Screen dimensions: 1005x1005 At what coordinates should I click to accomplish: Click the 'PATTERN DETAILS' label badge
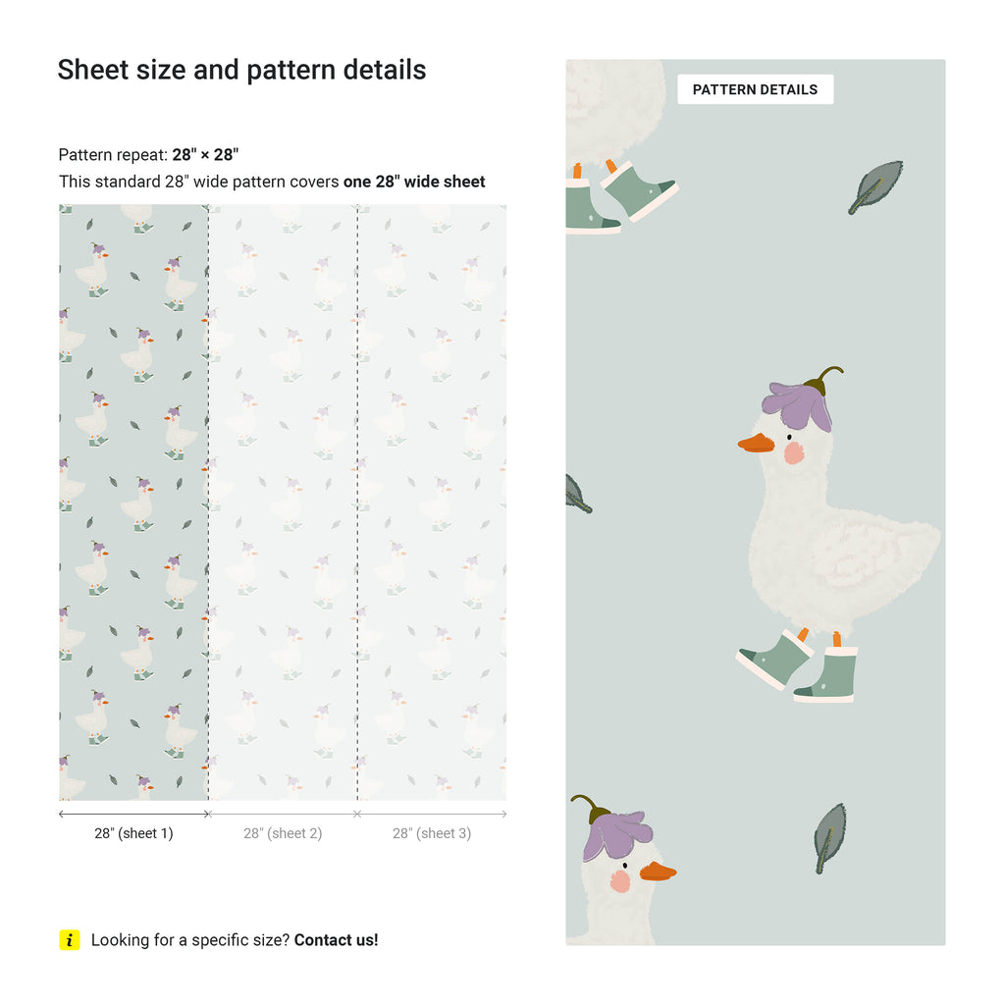pyautogui.click(x=755, y=89)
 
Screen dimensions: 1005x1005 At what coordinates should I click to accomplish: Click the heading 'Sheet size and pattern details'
pyautogui.click(x=241, y=70)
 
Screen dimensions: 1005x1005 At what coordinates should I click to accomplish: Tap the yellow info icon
pyautogui.click(x=70, y=939)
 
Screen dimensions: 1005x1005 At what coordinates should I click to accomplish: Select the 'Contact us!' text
pyautogui.click(x=336, y=939)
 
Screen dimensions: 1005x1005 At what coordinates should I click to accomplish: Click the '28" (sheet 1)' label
pyautogui.click(x=133, y=833)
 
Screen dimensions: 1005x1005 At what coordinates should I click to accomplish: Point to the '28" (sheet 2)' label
pyautogui.click(x=283, y=833)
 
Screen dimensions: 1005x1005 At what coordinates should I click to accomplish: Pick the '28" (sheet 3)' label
pyautogui.click(x=432, y=833)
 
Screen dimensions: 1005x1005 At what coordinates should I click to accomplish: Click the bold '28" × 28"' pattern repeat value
pyautogui.click(x=205, y=154)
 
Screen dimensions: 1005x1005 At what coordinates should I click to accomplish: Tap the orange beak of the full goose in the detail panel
pyautogui.click(x=757, y=444)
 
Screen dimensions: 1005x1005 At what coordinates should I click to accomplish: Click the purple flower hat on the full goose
pyautogui.click(x=798, y=403)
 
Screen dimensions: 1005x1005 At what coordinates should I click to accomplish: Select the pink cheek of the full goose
pyautogui.click(x=793, y=452)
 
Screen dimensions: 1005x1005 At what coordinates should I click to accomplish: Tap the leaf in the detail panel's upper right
pyautogui.click(x=875, y=186)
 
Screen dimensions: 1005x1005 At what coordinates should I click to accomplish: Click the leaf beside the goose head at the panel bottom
pyautogui.click(x=829, y=836)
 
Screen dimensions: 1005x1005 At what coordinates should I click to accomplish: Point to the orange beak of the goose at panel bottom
pyautogui.click(x=656, y=871)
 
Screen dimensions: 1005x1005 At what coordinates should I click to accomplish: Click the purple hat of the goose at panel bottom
pyautogui.click(x=614, y=833)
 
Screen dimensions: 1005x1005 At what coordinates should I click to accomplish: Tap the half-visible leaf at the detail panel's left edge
pyautogui.click(x=577, y=494)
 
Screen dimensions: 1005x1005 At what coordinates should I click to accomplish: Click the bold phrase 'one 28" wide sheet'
pyautogui.click(x=414, y=182)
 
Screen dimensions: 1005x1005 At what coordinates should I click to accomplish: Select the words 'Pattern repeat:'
pyautogui.click(x=113, y=154)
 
